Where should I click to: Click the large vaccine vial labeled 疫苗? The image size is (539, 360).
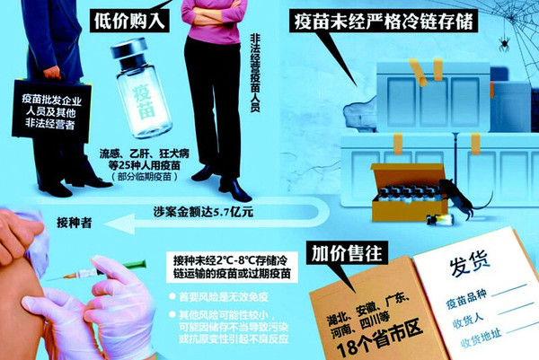pos(144,93)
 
